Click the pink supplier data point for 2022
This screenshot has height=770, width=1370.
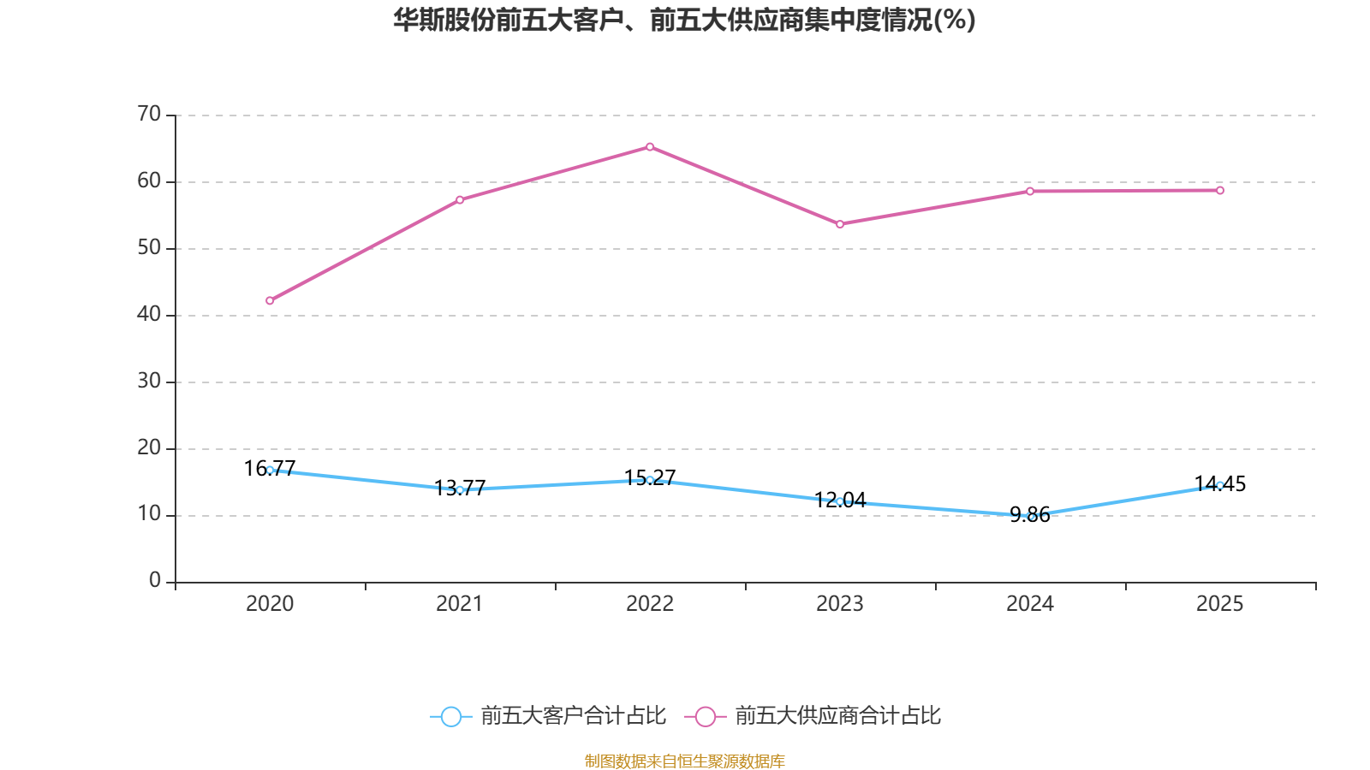(x=650, y=147)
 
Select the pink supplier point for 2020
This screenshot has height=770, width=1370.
(x=270, y=300)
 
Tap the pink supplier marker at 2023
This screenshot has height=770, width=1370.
(x=840, y=224)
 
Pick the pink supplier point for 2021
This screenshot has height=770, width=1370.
(x=460, y=200)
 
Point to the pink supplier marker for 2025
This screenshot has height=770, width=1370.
(x=1220, y=190)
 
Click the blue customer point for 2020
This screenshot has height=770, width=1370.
(x=270, y=470)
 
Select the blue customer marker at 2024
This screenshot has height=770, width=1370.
(x=1030, y=516)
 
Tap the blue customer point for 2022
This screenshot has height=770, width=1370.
(x=650, y=480)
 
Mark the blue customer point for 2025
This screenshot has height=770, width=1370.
(x=1220, y=485)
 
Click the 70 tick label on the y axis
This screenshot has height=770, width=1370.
(x=149, y=114)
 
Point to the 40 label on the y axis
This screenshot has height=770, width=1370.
(x=149, y=314)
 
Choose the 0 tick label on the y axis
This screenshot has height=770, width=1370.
(x=155, y=581)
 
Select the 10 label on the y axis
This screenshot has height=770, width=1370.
(x=149, y=514)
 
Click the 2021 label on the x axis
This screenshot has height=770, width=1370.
(x=460, y=604)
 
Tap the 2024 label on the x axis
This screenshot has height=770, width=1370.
(x=1030, y=604)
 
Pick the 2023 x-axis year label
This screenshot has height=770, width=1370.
(x=840, y=604)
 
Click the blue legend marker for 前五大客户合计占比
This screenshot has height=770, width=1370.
(x=450, y=716)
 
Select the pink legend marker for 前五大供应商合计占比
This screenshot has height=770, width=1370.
(x=705, y=716)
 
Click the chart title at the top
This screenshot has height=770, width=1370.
(x=684, y=20)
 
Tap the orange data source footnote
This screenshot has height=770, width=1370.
(x=684, y=761)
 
